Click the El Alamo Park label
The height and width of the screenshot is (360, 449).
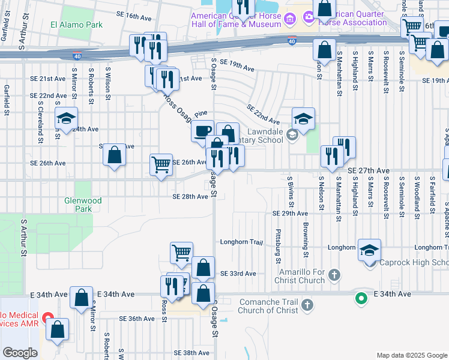tap(76, 25)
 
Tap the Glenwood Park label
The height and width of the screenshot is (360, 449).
tap(83, 205)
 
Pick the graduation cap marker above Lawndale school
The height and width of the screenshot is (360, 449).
tap(304, 118)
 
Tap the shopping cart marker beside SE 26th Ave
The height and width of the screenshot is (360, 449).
tap(161, 164)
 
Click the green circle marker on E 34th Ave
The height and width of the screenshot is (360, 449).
tap(361, 297)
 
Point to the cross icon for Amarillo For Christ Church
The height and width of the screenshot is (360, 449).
tap(335, 275)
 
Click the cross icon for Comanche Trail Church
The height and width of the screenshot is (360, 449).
tap(307, 305)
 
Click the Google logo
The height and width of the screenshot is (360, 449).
tap(20, 353)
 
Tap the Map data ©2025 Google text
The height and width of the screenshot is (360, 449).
tap(411, 355)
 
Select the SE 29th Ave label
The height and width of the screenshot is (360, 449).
tap(290, 214)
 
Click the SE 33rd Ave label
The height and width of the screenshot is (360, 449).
tap(238, 274)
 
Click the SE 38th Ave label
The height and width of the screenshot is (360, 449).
tap(191, 353)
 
